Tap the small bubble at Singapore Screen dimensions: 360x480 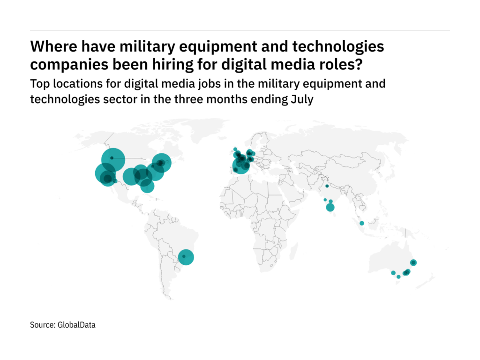362,223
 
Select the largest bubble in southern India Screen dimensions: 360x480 330,208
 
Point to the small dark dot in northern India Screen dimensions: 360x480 327,186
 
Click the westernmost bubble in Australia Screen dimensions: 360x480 393,273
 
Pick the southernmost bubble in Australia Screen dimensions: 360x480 398,277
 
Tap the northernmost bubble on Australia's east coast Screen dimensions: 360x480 413,262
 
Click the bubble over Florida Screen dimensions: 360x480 147,186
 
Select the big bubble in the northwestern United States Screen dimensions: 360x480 112,158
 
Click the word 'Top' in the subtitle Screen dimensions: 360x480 39,84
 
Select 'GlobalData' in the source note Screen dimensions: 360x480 77,324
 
